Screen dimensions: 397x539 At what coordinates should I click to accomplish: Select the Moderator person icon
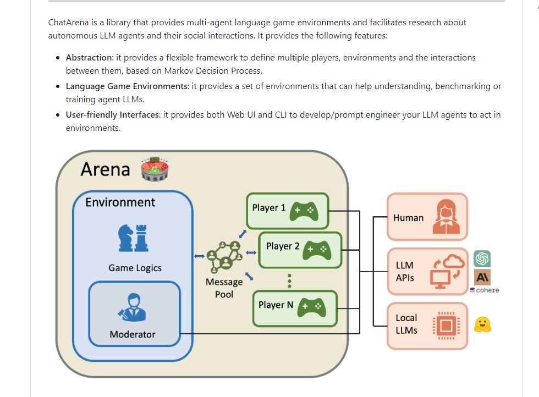click(x=133, y=308)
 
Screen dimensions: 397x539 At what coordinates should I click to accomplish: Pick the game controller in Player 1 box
click(x=302, y=210)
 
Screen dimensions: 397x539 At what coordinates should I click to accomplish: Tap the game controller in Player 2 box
click(x=316, y=249)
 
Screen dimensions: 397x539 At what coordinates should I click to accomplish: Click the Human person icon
click(x=446, y=217)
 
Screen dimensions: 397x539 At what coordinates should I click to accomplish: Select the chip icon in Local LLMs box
click(x=446, y=326)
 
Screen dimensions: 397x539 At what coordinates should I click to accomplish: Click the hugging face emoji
click(x=482, y=324)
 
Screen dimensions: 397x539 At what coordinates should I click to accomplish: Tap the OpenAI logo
click(x=482, y=258)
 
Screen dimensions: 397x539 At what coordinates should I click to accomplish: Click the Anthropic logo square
click(x=482, y=277)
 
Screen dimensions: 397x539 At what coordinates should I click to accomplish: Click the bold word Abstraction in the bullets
click(x=89, y=58)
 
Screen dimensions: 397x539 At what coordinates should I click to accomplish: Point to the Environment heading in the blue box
click(x=120, y=202)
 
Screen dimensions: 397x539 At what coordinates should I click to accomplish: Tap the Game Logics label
click(x=135, y=268)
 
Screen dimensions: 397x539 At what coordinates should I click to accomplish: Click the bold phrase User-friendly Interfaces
click(x=112, y=115)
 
